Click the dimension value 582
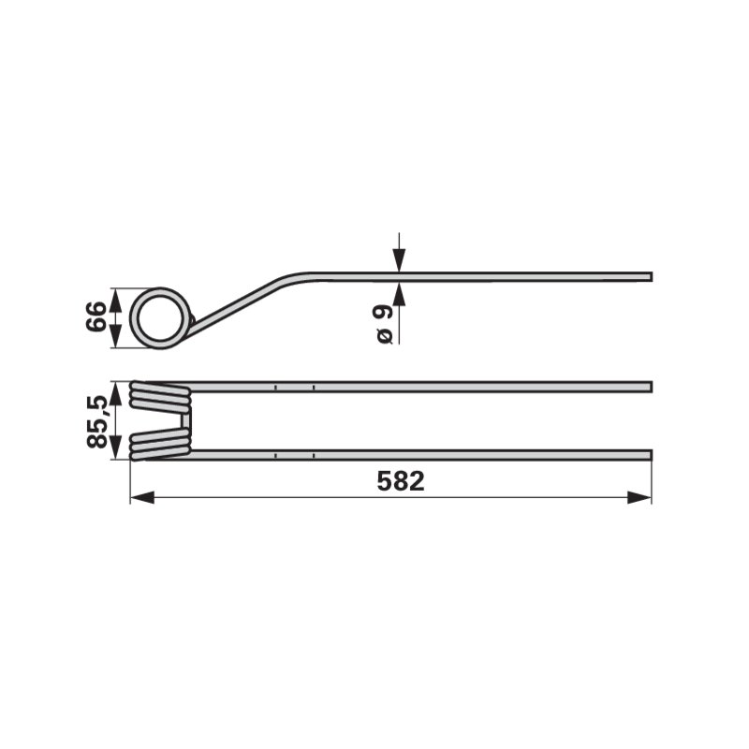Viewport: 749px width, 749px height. [401, 481]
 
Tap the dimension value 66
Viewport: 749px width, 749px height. [95, 316]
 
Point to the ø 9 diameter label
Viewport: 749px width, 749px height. [384, 324]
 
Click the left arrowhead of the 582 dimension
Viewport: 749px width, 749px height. [142, 497]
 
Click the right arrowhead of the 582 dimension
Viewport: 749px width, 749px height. [639, 497]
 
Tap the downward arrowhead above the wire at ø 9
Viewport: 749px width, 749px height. [400, 260]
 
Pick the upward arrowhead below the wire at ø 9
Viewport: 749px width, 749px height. [400, 293]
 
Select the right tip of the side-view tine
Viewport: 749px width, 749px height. [651, 277]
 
